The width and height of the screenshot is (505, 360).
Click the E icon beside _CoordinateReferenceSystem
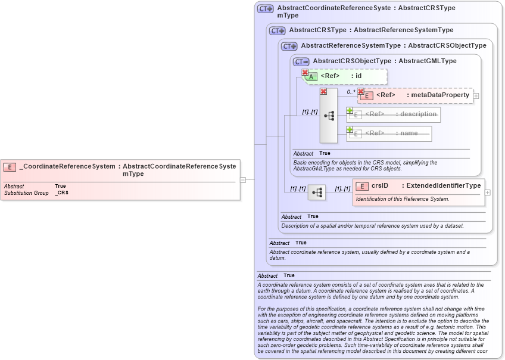tap(10, 167)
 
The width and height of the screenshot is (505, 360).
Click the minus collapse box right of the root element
tap(243, 179)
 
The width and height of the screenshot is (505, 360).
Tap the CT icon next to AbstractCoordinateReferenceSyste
tap(265, 9)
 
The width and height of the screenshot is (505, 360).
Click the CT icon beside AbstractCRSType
tap(277, 30)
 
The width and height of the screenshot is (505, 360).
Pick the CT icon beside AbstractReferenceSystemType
tap(289, 46)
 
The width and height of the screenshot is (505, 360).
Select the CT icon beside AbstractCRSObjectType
tap(301, 61)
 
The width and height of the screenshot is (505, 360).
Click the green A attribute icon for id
tap(311, 76)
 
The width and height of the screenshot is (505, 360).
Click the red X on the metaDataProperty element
tap(361, 91)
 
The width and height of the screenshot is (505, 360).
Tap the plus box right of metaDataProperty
tap(476, 95)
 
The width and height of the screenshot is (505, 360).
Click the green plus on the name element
tap(350, 129)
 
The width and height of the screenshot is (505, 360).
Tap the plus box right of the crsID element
tap(488, 193)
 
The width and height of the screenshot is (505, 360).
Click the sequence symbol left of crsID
tap(317, 193)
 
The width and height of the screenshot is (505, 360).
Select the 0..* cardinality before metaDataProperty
tap(351, 92)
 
